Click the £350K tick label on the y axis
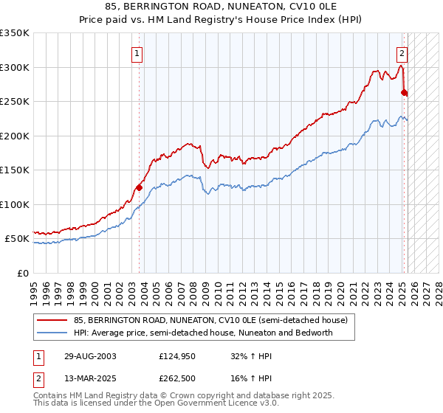click(15, 33)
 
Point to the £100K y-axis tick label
click(15, 204)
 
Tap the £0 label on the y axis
click(23, 273)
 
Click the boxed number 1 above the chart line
click(138, 53)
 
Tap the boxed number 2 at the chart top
click(402, 53)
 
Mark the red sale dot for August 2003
click(139, 187)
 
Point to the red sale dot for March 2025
click(404, 93)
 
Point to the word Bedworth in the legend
click(314, 333)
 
